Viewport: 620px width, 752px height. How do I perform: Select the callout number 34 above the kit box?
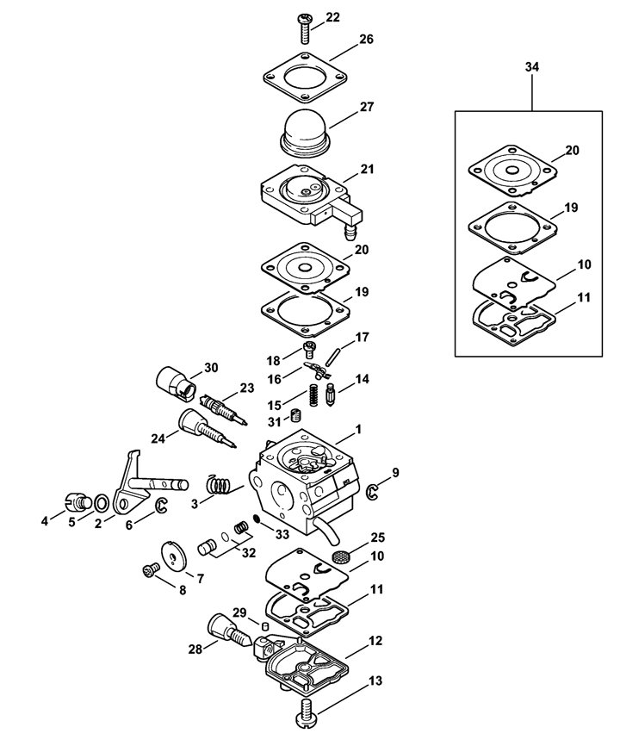point(532,66)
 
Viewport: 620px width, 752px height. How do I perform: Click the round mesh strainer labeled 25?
point(340,556)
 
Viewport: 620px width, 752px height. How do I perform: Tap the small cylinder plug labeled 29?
point(263,626)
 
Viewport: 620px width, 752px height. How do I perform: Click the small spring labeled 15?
point(313,395)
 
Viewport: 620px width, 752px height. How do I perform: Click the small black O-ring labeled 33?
point(257,519)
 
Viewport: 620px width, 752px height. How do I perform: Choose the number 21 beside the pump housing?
point(368,170)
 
